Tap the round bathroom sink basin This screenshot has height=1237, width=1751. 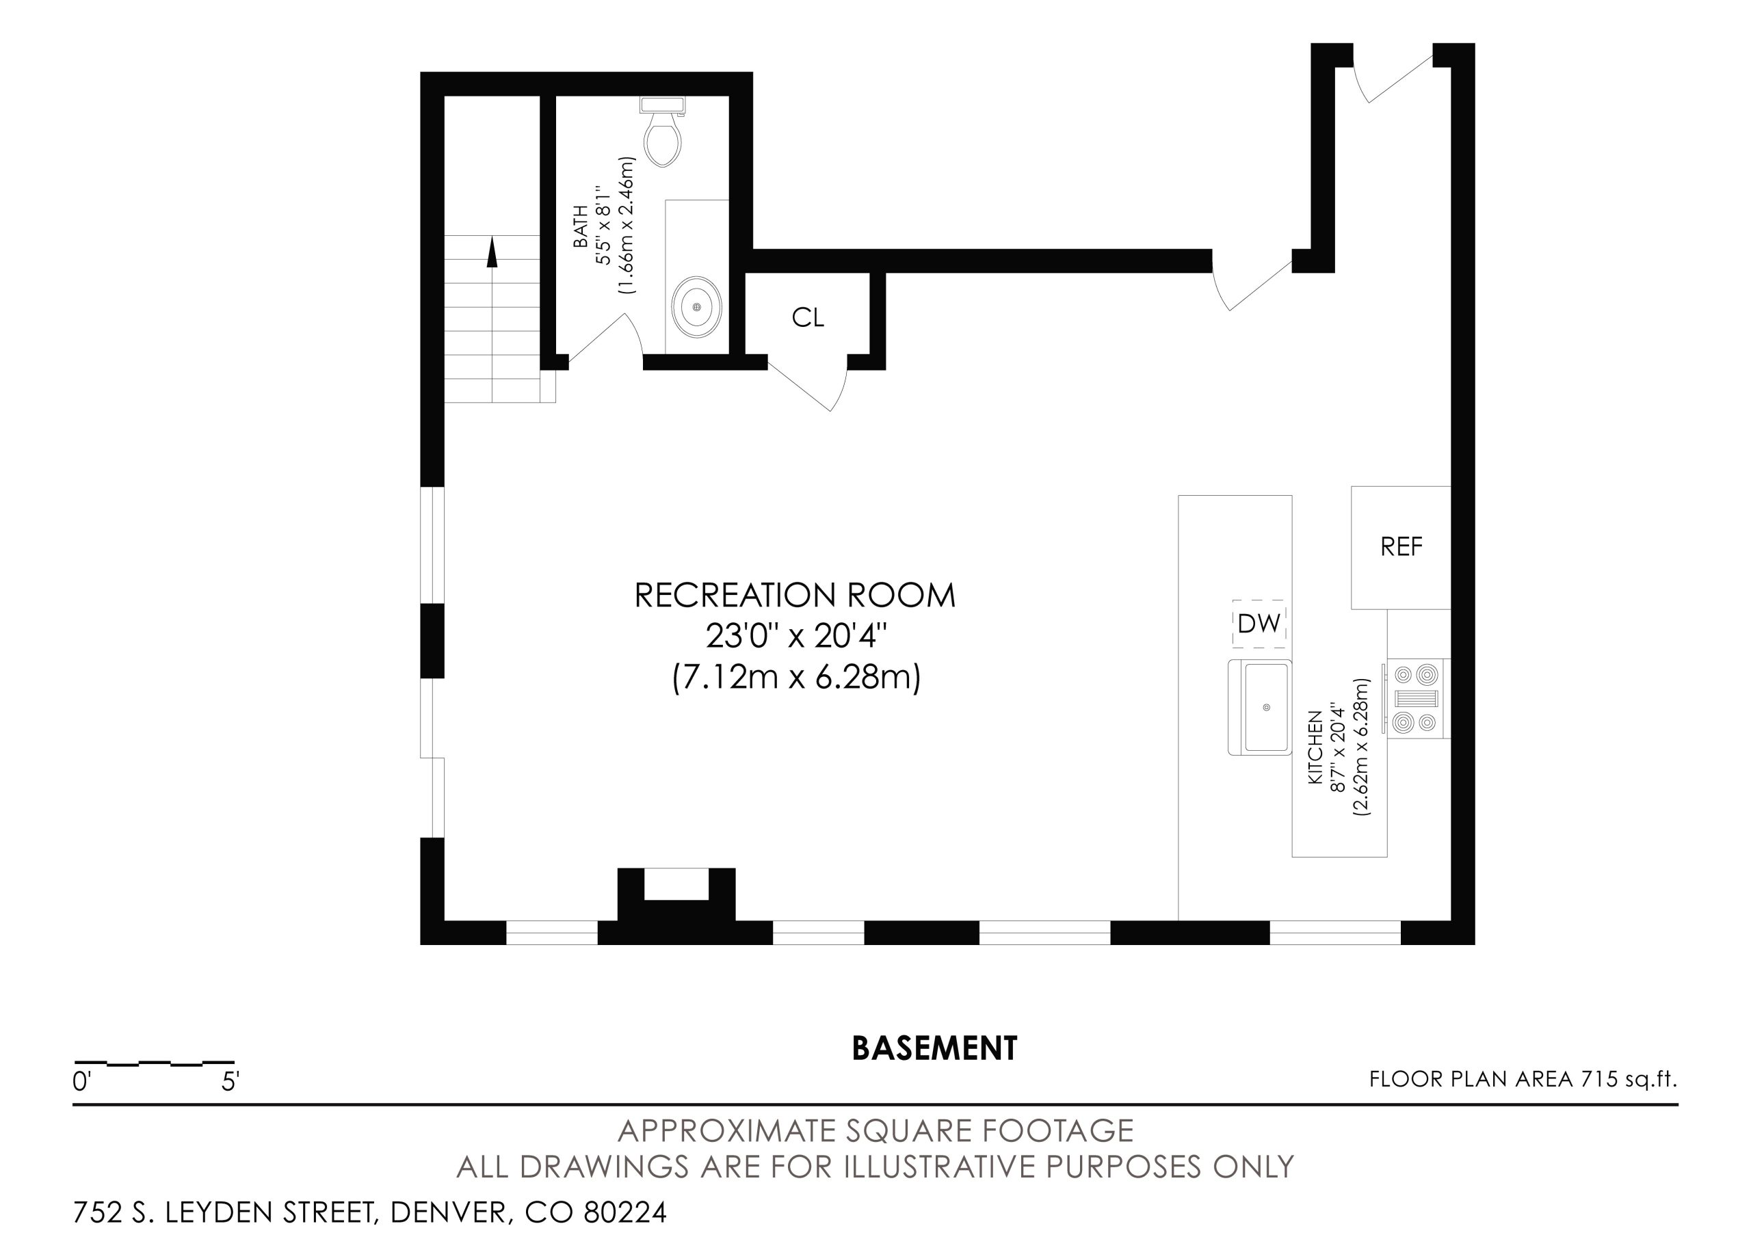click(696, 306)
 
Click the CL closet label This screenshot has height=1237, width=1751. click(808, 317)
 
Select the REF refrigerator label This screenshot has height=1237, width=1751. click(1401, 546)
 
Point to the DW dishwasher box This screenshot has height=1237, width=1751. click(1259, 624)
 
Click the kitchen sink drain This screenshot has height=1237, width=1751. click(1267, 708)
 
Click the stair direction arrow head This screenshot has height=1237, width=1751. click(492, 252)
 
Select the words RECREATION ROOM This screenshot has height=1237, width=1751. click(795, 596)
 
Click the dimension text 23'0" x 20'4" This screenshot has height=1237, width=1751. click(796, 636)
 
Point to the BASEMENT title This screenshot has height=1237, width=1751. click(934, 1049)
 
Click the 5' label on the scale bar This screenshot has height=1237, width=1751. click(231, 1081)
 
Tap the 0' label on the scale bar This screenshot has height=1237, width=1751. click(81, 1081)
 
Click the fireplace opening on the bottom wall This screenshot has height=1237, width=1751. click(676, 884)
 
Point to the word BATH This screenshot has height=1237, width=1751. click(581, 226)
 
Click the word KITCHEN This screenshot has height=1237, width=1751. click(1315, 747)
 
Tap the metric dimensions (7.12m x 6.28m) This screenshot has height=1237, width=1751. click(796, 676)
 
